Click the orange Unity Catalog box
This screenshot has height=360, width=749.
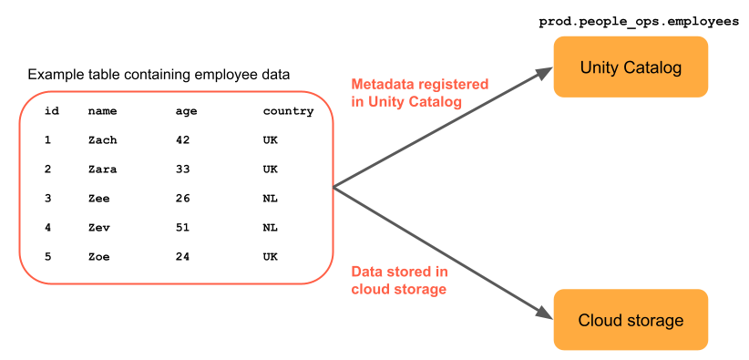(631, 67)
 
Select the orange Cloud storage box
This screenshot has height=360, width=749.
(631, 320)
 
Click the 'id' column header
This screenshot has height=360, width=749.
(52, 111)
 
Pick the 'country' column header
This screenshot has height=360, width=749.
(288, 111)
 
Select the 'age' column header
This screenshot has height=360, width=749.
(186, 111)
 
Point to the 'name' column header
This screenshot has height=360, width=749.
(102, 111)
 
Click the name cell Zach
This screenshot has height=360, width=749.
(102, 140)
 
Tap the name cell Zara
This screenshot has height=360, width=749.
(102, 170)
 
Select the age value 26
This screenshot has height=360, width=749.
(182, 199)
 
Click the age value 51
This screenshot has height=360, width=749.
(182, 228)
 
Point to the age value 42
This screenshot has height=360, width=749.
(182, 140)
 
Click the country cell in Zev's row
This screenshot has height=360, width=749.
(270, 228)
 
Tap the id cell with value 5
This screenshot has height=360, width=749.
(47, 257)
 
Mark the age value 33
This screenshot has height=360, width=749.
(182, 170)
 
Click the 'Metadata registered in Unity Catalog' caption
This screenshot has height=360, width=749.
(419, 92)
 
